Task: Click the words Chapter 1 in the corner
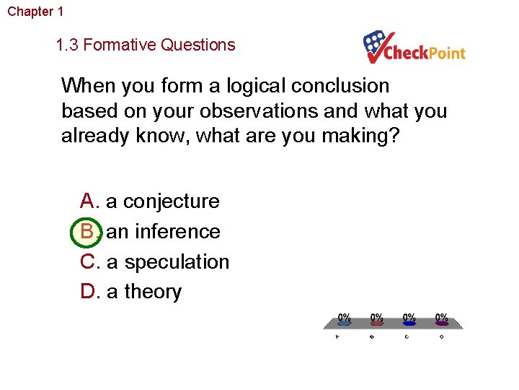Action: click(x=35, y=12)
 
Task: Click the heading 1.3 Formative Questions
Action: click(x=146, y=45)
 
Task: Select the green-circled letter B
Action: click(x=88, y=232)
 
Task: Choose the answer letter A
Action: click(x=88, y=201)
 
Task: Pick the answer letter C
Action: click(x=89, y=261)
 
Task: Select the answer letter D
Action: click(x=89, y=292)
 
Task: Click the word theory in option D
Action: click(x=153, y=292)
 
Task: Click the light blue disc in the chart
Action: click(x=345, y=324)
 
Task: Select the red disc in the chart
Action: click(x=376, y=324)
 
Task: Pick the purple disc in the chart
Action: click(x=441, y=324)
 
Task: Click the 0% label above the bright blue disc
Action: click(x=409, y=317)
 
